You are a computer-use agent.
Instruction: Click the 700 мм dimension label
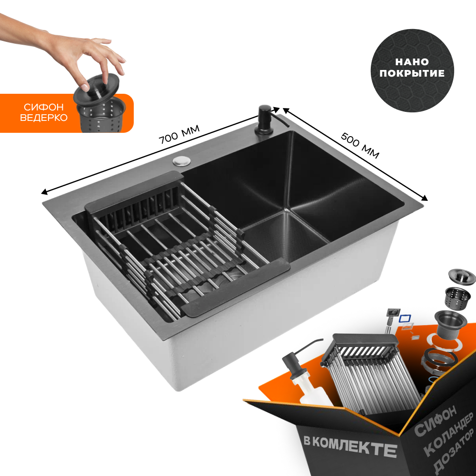click(179, 134)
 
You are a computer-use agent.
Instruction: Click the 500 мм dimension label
click(360, 145)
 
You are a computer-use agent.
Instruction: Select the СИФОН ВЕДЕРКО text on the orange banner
click(43, 113)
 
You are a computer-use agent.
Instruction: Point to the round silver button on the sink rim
click(181, 160)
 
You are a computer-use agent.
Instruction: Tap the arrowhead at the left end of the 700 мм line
click(43, 193)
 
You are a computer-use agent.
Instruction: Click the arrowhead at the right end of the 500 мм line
click(425, 199)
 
